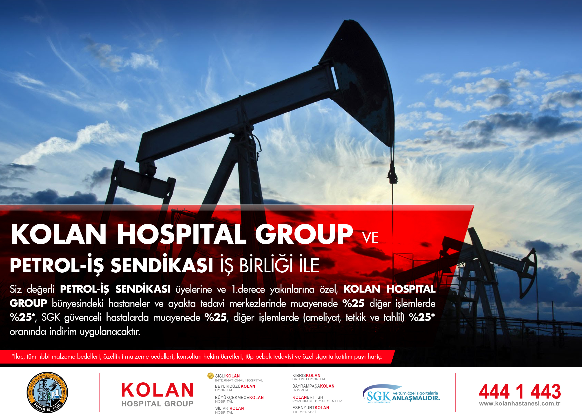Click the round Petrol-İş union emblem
[x=47, y=392]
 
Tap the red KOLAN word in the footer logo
[x=157, y=390]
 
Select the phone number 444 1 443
[x=520, y=392]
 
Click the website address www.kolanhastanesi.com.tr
[x=520, y=404]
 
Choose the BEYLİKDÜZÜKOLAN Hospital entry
[x=235, y=388]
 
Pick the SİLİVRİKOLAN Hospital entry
[x=229, y=410]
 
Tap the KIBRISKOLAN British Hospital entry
[x=309, y=377]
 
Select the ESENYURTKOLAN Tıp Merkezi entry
[x=310, y=410]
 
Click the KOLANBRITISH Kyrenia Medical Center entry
[x=317, y=399]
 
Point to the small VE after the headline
[x=370, y=238]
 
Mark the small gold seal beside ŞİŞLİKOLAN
[x=210, y=376]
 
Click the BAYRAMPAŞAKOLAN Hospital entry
[x=313, y=388]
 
